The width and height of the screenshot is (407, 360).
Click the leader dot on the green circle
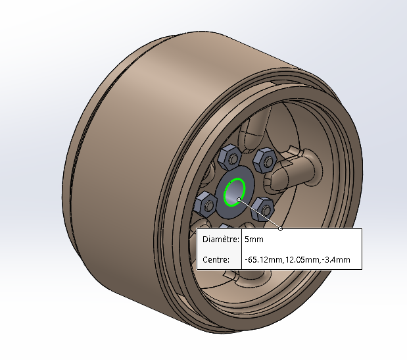[x=239, y=199]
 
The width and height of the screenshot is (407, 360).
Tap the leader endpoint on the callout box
[x=280, y=228]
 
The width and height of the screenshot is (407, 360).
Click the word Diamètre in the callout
[x=221, y=239]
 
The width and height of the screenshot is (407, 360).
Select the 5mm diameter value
[x=254, y=239]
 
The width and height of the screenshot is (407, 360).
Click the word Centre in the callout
[x=216, y=259]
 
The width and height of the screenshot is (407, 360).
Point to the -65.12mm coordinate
[x=264, y=259]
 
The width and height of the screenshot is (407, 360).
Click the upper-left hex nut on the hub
[x=229, y=157]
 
